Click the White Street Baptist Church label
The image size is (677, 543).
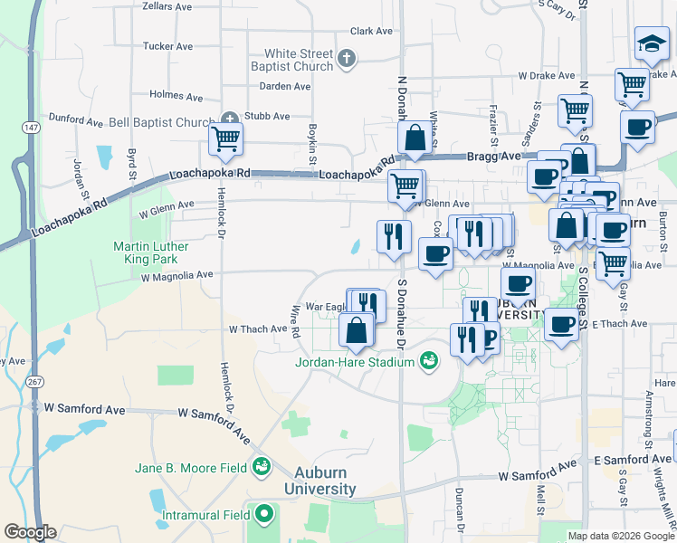(299, 60)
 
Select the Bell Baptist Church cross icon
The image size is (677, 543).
(230, 119)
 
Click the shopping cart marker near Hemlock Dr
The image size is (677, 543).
(225, 140)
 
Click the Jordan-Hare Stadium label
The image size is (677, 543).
(354, 364)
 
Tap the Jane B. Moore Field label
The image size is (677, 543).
(191, 468)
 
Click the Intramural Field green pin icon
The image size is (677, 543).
(264, 515)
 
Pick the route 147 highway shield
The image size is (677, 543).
(32, 128)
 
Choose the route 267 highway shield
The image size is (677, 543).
(33, 382)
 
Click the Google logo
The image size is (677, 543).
(30, 532)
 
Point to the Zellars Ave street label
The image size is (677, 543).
(167, 5)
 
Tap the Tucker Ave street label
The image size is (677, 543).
(168, 46)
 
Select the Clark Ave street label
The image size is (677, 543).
(371, 31)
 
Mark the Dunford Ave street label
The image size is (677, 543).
(76, 119)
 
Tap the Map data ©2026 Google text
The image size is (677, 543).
(621, 536)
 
